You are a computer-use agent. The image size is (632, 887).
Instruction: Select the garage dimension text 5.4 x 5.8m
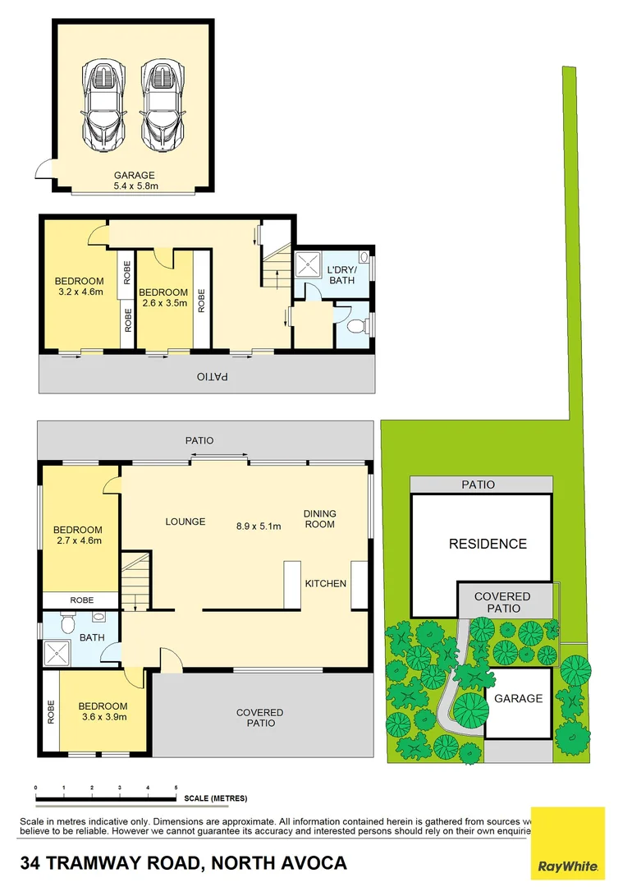tap(134, 186)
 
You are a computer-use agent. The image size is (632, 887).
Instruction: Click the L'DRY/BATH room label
tap(341, 275)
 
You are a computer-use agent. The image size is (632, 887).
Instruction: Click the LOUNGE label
tap(185, 522)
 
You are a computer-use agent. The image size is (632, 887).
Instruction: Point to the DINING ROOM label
tap(319, 519)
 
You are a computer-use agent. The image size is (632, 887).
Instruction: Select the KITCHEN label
tap(325, 583)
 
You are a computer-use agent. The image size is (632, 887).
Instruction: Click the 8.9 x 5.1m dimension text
tap(259, 526)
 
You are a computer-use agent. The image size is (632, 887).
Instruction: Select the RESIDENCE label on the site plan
tap(488, 544)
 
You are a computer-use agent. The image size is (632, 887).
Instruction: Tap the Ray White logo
tap(568, 843)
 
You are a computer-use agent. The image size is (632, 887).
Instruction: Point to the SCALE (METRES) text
tap(215, 798)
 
